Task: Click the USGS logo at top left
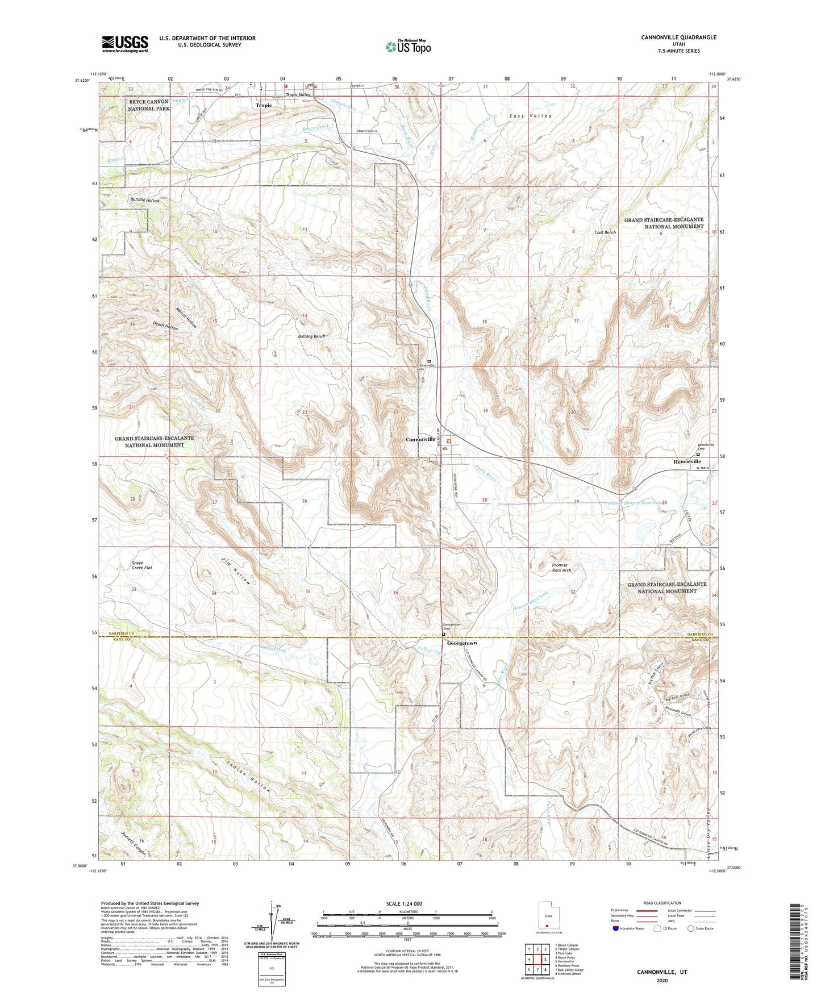[x=125, y=44]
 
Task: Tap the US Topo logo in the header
[x=408, y=47]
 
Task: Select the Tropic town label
[x=263, y=106]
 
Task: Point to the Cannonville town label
[x=420, y=440]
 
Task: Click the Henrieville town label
[x=684, y=462]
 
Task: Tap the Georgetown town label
[x=461, y=644]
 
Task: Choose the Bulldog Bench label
[x=311, y=336]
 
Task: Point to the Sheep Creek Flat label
[x=142, y=565]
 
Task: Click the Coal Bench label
[x=605, y=232]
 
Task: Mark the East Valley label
[x=530, y=116]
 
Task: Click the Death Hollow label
[x=165, y=327]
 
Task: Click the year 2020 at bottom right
[x=662, y=981]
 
